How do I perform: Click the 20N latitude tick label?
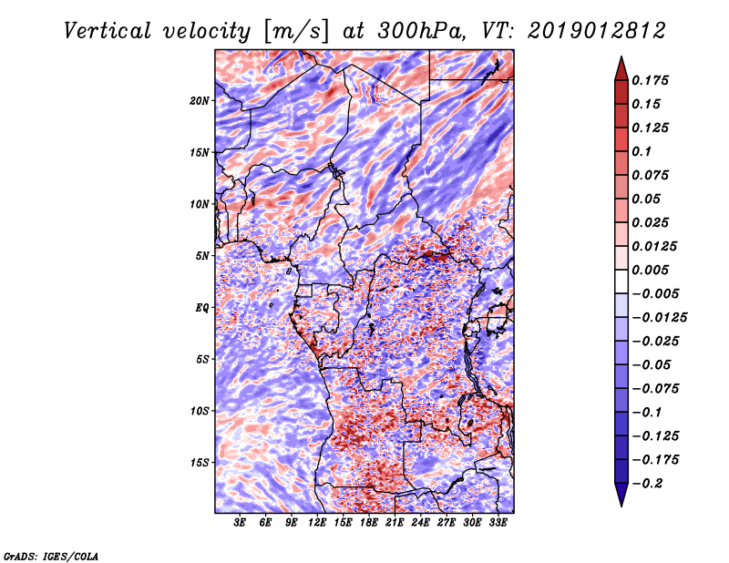[x=200, y=100]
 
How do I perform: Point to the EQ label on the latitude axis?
[x=202, y=307]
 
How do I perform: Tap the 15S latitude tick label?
[x=200, y=462]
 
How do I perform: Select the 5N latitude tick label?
[x=202, y=255]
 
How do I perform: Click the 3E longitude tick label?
[x=241, y=523]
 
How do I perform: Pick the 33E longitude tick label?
[x=498, y=523]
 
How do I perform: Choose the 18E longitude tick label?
[x=369, y=523]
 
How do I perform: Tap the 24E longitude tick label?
[x=421, y=523]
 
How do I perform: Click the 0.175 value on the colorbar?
[x=652, y=80]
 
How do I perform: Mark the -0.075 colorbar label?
[x=662, y=388]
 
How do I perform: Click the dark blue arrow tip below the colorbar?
[x=621, y=499]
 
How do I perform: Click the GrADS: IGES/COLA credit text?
[x=51, y=555]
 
